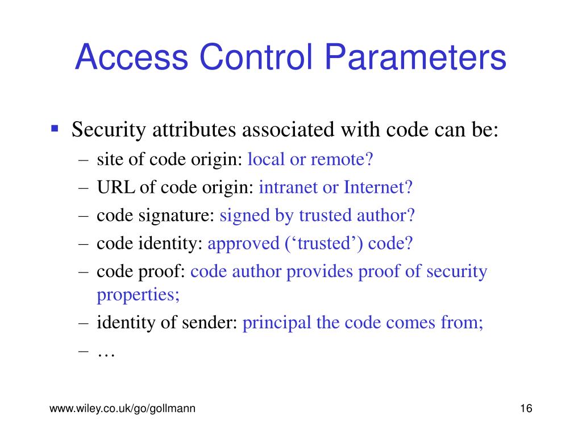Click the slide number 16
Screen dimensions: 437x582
[525, 409]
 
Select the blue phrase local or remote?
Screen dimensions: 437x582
[310, 159]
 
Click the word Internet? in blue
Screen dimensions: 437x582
[378, 187]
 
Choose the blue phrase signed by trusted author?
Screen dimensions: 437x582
[318, 216]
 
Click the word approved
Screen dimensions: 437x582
[243, 244]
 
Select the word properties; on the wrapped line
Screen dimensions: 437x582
[138, 295]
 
